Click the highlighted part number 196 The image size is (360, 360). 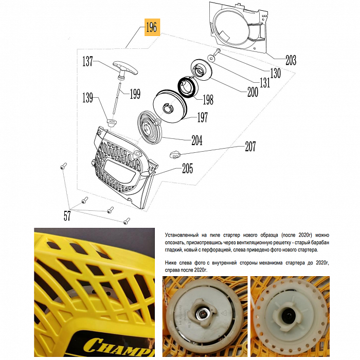(152, 27)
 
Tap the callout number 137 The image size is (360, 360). (88, 62)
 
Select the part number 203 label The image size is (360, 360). (291, 60)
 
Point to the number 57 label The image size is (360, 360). (67, 216)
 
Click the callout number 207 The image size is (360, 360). (250, 146)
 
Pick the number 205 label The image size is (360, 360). (187, 169)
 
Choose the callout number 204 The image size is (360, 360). (197, 140)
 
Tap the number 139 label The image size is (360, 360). (88, 98)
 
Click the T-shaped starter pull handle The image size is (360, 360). (125, 69)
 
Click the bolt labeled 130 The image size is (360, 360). (217, 52)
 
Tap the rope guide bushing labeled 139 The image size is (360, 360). (112, 122)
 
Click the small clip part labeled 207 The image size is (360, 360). (176, 154)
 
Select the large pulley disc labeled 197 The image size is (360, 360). (170, 106)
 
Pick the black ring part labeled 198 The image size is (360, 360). (187, 87)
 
